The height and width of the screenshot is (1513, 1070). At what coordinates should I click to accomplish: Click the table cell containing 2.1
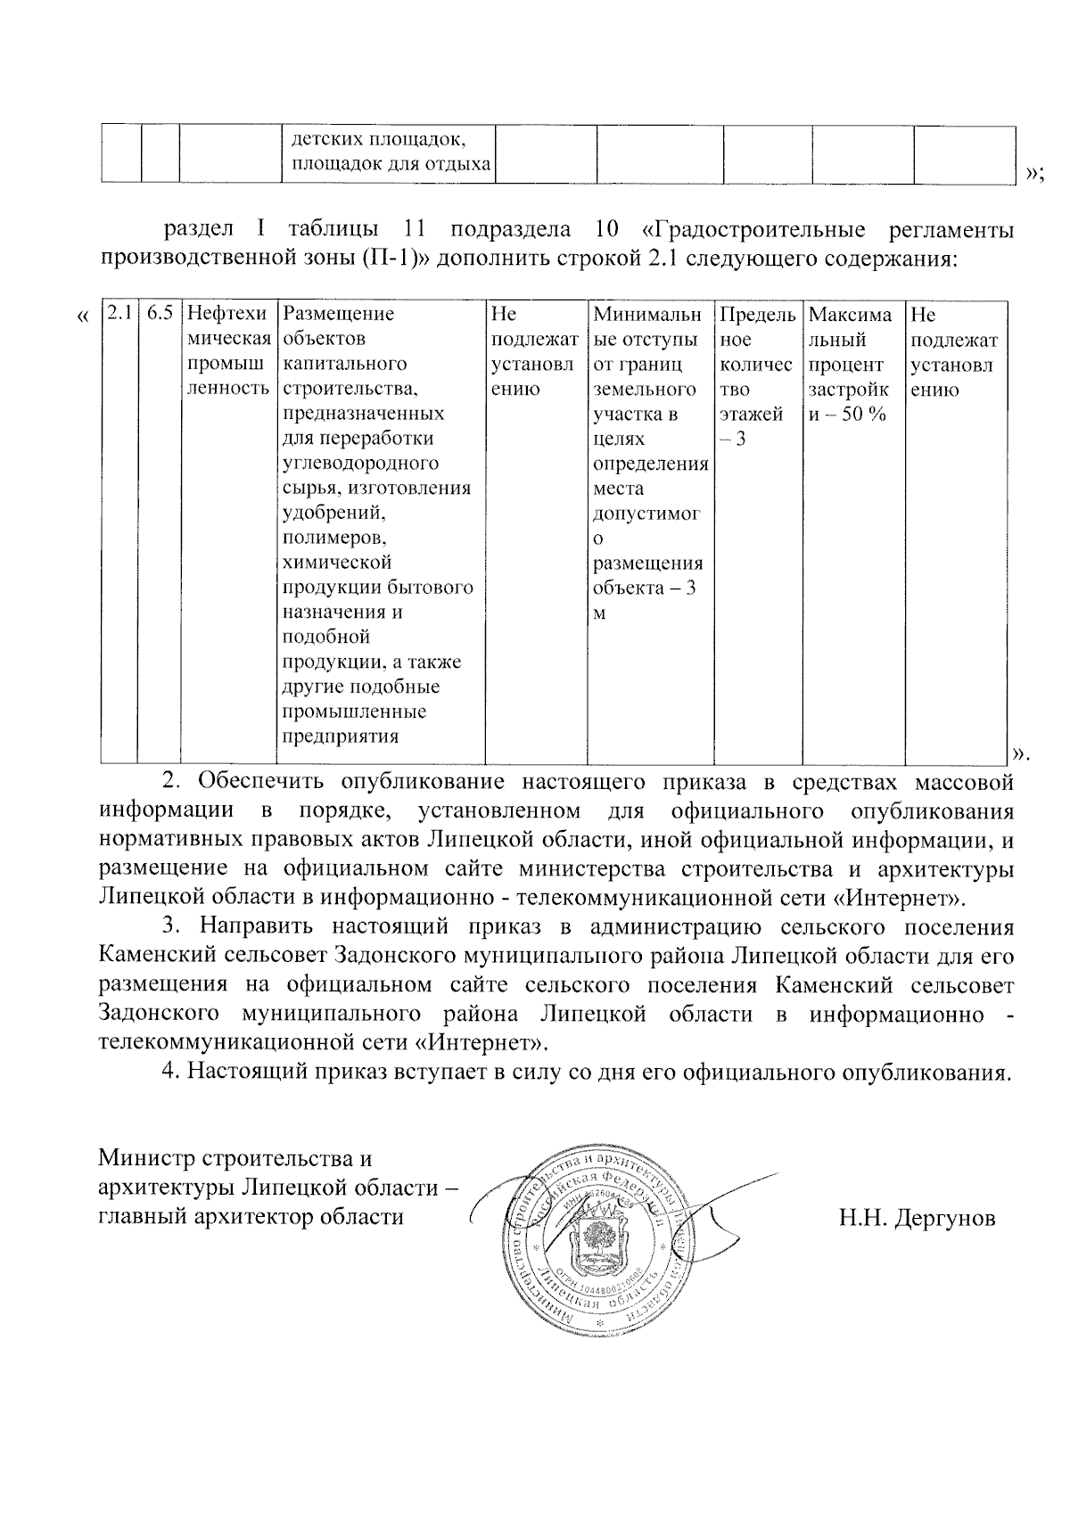[x=119, y=315]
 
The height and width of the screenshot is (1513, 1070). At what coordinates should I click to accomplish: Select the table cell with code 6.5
[x=160, y=315]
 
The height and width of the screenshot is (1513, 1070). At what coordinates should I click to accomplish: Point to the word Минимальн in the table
[x=648, y=315]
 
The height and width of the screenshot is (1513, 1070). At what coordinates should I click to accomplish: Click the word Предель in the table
[x=757, y=315]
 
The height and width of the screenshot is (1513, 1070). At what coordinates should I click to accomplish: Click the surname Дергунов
[x=917, y=1218]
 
